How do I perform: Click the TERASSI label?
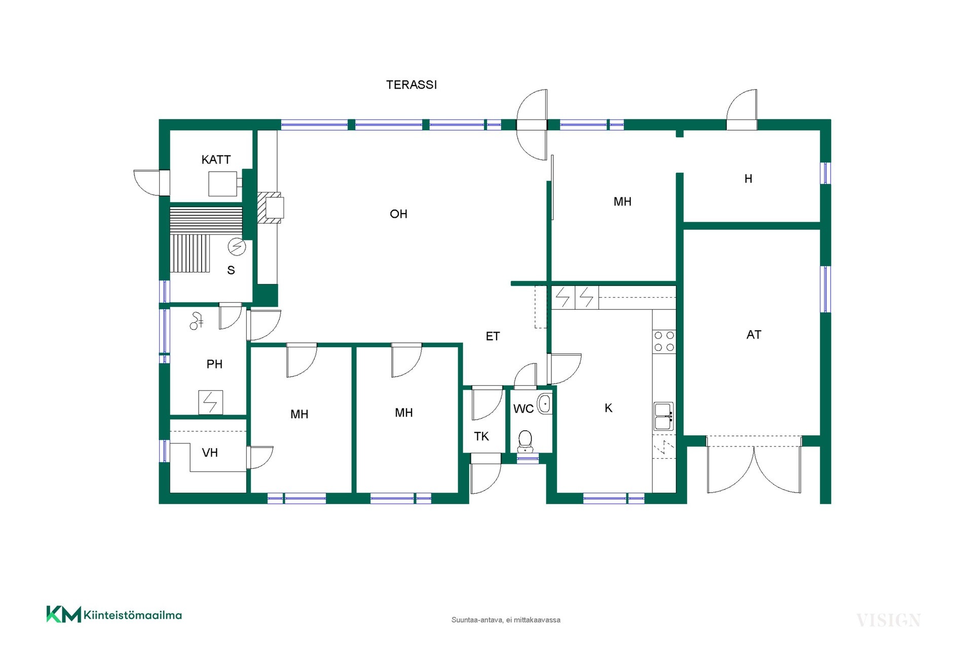pos(411,85)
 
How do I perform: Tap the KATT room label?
pos(216,159)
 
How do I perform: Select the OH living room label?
pos(398,214)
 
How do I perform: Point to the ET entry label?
pos(493,336)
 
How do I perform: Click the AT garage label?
pos(754,335)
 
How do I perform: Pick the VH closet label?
pos(210,453)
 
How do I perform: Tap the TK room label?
pos(481,436)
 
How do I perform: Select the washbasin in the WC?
pos(544,403)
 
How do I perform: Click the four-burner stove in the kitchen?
pos(664,341)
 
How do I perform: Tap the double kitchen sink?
pos(663,416)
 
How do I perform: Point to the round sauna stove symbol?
pos(237,247)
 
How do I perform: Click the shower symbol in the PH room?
pos(197,321)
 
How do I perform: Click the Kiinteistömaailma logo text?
pos(133,616)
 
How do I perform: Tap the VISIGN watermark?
pos(888,620)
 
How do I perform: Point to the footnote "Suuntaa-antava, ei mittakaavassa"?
pos(506,620)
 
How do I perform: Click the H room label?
pos(749,179)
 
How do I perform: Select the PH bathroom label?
pos(214,364)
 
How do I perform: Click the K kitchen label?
pos(609,408)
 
